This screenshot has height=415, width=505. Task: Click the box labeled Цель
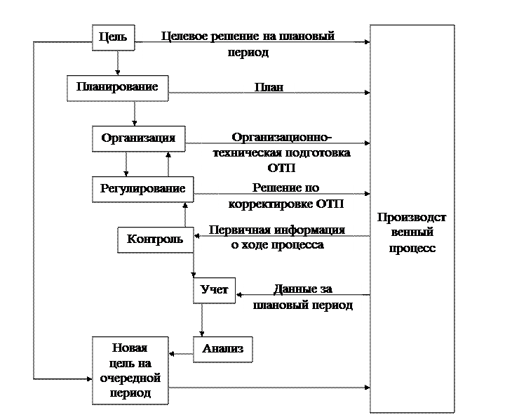(114, 37)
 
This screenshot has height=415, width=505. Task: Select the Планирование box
(118, 88)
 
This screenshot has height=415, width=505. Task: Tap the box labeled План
(269, 88)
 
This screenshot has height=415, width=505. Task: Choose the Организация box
(138, 138)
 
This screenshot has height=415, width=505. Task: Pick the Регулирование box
(142, 189)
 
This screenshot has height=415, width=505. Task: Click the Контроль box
(155, 239)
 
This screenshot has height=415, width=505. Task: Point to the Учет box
(214, 290)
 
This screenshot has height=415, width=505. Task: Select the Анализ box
(222, 348)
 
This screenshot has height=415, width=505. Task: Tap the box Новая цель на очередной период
(130, 370)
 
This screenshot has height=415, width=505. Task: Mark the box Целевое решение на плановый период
(248, 46)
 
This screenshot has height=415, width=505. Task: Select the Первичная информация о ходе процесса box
(277, 239)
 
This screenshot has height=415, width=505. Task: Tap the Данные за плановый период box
(302, 299)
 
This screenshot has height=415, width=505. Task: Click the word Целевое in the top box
(183, 35)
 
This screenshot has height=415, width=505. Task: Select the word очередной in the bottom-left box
(130, 378)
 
